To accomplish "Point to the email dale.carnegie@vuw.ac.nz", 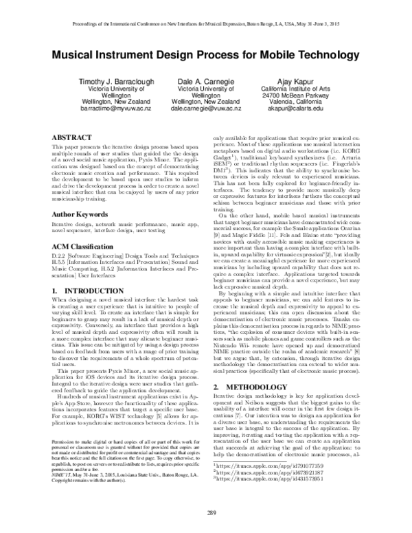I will point(206,108).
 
